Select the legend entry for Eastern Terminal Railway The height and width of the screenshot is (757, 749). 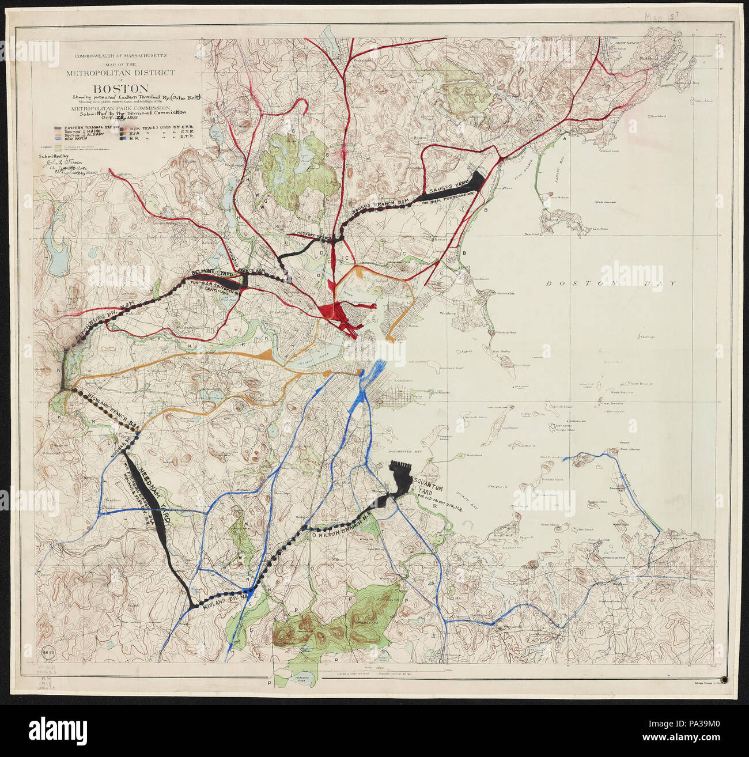pyautogui.click(x=75, y=127)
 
